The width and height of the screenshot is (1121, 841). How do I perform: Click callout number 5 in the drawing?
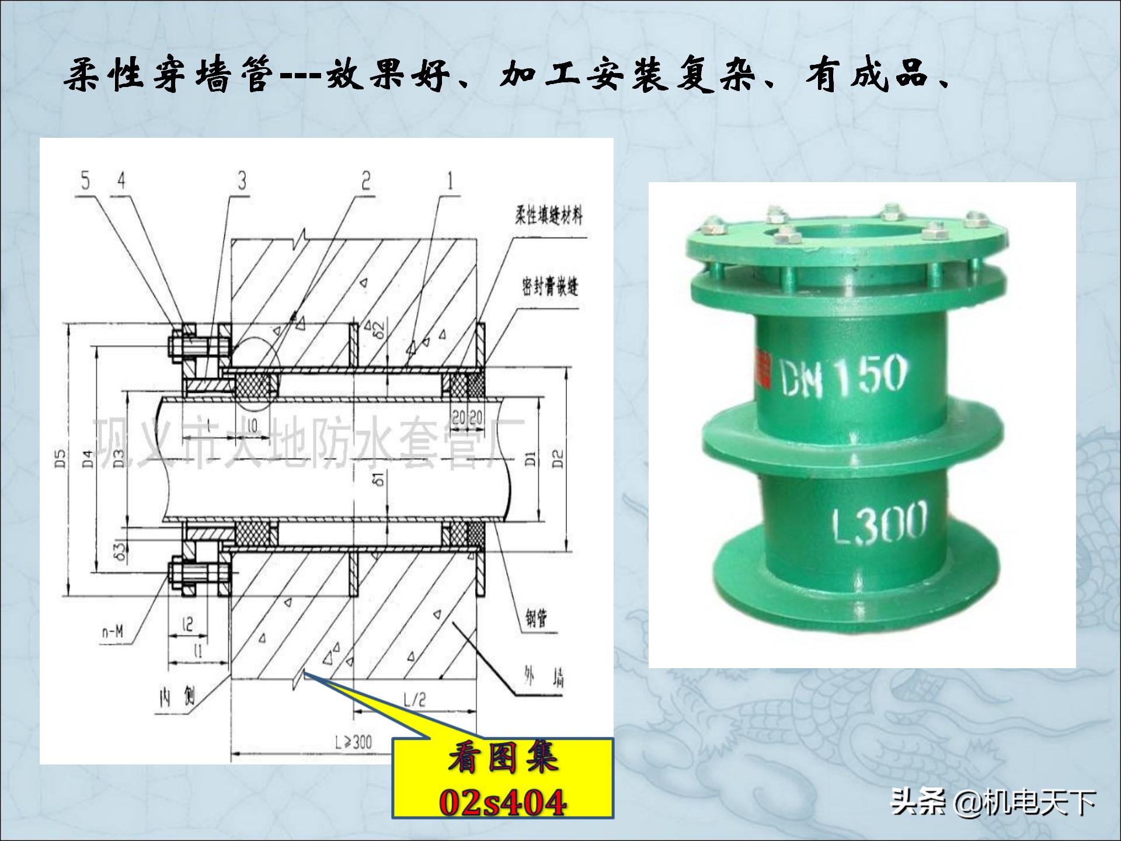pos(86,181)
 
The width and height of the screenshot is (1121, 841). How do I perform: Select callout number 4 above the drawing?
pos(121,181)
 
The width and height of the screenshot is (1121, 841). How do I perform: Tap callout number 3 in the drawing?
pos(242,181)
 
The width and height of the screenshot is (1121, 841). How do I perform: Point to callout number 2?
pos(366,181)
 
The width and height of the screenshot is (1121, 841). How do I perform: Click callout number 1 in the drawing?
pos(450,181)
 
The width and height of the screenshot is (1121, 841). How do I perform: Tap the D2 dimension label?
pos(558,459)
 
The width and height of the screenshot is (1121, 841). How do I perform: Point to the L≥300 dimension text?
pos(353,742)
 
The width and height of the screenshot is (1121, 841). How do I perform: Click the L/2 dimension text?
pos(415,700)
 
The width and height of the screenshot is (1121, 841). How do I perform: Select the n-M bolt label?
pos(113,632)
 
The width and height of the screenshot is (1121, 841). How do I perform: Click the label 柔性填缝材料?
pos(548,216)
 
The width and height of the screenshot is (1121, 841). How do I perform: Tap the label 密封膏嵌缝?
pos(550,287)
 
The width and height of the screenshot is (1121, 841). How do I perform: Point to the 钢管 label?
pos(536,618)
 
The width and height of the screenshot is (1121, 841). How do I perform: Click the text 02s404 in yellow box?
pos(502,802)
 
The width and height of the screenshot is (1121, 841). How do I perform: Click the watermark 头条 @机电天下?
pos(993,802)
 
